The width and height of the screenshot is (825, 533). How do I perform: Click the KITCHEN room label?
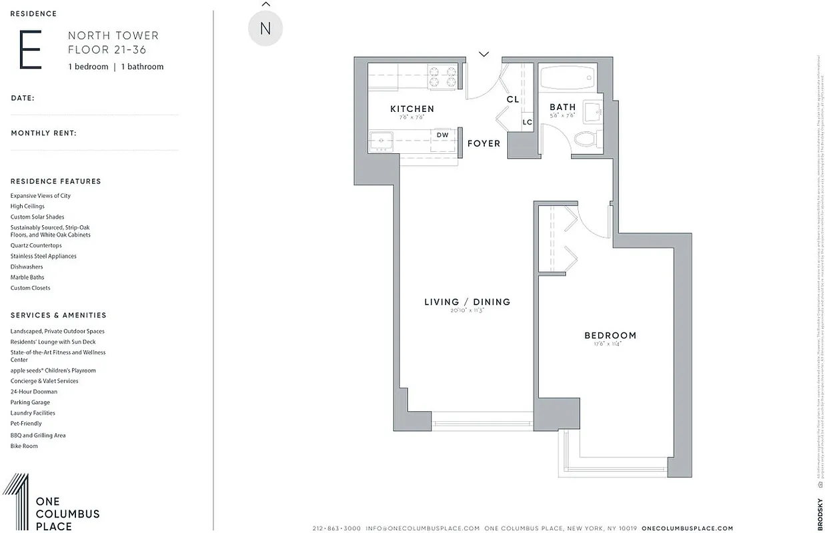pos(411,109)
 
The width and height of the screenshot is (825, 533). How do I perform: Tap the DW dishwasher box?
pos(442,135)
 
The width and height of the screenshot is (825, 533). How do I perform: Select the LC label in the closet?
pos(527,122)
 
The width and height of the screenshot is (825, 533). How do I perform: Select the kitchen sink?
pos(382,141)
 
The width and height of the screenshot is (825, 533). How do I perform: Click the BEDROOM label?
pos(610,335)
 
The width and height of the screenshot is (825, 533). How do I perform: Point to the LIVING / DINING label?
pos(467,302)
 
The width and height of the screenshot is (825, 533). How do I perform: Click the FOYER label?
pos(484,143)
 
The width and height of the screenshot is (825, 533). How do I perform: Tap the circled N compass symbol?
pos(265,29)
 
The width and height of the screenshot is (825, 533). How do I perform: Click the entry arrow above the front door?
pos(484,54)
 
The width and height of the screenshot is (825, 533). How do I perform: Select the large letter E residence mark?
pos(30,50)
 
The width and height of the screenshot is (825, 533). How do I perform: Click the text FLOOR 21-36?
pos(107,50)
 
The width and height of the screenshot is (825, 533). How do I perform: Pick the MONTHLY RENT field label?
pos(43,133)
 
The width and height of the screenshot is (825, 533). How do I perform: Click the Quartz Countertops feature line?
pos(36,245)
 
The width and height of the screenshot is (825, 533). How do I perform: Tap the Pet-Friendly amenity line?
pos(26,424)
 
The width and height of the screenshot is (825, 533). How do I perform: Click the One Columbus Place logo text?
pos(67,514)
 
